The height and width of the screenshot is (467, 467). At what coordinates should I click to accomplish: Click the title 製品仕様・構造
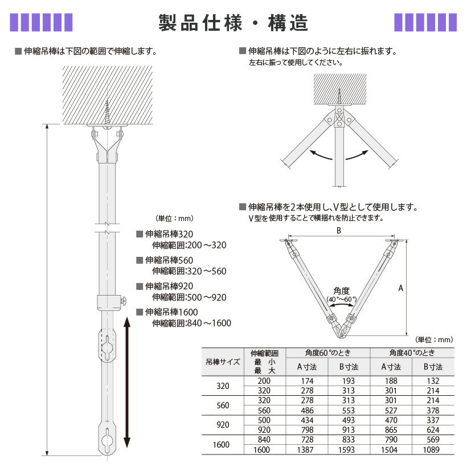[x=233, y=23]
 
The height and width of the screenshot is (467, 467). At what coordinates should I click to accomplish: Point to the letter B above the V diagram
[x=338, y=231]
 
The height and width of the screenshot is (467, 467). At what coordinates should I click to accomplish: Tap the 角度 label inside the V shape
[x=342, y=290]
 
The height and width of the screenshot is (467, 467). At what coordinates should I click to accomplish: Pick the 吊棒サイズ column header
[x=223, y=361]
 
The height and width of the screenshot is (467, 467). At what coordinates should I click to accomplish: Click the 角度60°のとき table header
[x=327, y=353]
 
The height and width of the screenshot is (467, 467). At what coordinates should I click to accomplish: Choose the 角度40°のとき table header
[x=412, y=353]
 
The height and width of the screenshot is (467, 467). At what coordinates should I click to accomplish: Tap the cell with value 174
[x=306, y=380]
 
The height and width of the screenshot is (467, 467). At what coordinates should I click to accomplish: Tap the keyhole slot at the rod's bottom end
[x=106, y=441]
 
